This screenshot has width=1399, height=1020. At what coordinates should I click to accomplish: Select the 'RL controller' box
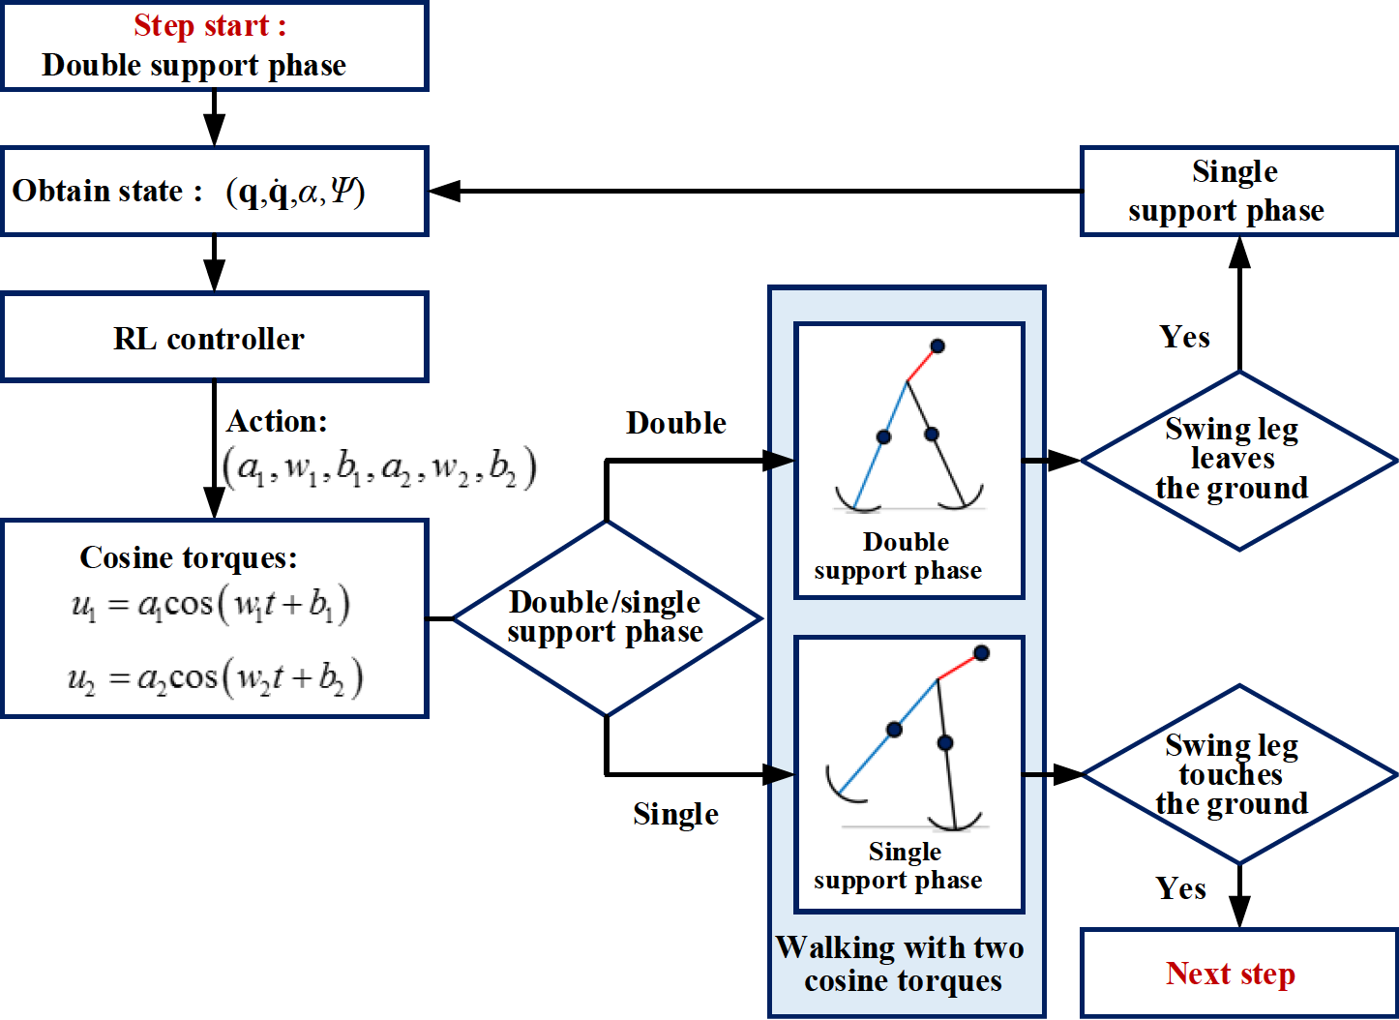(x=214, y=338)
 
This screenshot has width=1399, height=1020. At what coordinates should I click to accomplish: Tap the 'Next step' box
(x=1237, y=973)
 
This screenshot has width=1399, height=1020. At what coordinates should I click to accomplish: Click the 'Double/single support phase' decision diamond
(x=606, y=617)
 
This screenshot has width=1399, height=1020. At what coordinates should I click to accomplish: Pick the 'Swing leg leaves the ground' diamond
(x=1237, y=461)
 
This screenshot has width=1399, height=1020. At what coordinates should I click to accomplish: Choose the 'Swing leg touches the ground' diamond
(x=1237, y=774)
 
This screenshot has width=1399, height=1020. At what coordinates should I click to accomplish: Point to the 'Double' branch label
(x=675, y=423)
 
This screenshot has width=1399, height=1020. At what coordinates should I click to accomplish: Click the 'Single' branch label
(x=675, y=814)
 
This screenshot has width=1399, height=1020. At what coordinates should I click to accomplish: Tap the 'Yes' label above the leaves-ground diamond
(x=1184, y=337)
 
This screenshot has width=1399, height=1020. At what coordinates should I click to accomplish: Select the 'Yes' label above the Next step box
(x=1180, y=888)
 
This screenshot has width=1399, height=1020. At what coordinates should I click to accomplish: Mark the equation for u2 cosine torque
(x=215, y=678)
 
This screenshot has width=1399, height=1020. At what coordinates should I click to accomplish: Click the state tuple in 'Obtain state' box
(x=295, y=193)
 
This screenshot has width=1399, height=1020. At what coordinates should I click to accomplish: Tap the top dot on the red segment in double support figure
(x=937, y=345)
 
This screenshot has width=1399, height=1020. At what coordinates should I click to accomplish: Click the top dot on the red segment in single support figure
(x=981, y=653)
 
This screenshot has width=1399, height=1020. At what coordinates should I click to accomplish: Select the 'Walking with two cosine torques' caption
(x=902, y=964)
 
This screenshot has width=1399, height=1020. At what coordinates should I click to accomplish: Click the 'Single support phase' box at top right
(x=1237, y=191)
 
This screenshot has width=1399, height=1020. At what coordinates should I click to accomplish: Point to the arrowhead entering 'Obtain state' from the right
(x=444, y=191)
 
